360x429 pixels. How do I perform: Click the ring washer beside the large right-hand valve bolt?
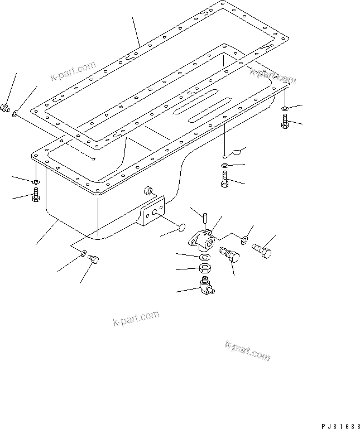(x=244, y=240)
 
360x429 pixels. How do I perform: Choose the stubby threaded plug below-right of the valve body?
(x=229, y=255)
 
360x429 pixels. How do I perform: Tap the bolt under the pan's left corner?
(x=35, y=195)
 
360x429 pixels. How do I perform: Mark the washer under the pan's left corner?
(x=35, y=182)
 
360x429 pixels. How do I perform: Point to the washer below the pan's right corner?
(x=285, y=108)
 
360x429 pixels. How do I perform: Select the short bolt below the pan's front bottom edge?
(x=93, y=259)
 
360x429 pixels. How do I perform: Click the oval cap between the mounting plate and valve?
(x=180, y=227)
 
